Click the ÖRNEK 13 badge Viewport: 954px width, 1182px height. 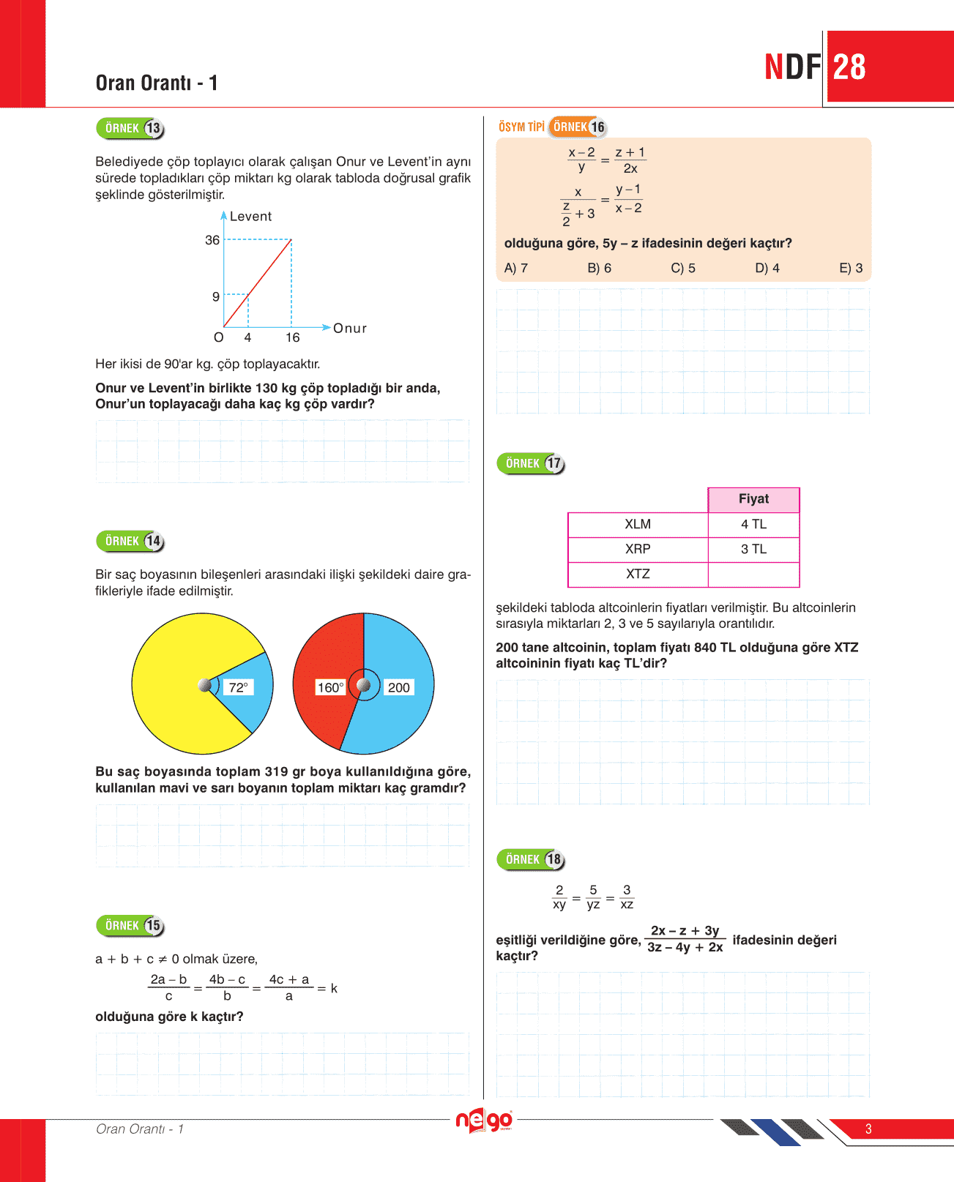pyautogui.click(x=130, y=129)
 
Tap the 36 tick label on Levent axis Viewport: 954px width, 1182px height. pyautogui.click(x=212, y=240)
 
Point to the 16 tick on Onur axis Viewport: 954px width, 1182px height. pyautogui.click(x=292, y=337)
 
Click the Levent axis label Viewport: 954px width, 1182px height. pyautogui.click(x=250, y=217)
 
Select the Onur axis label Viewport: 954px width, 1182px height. pyautogui.click(x=350, y=329)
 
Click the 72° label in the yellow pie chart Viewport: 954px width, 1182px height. pyautogui.click(x=238, y=687)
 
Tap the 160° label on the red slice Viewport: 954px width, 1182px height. pyautogui.click(x=330, y=687)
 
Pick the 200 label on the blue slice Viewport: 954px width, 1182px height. pyautogui.click(x=398, y=687)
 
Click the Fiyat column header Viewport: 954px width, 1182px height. pyautogui.click(x=753, y=499)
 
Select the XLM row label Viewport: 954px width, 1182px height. pyautogui.click(x=638, y=524)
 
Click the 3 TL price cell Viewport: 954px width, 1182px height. pyautogui.click(x=753, y=549)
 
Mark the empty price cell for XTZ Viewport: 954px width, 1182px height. pyautogui.click(x=753, y=575)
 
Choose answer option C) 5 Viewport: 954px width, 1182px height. pyautogui.click(x=683, y=268)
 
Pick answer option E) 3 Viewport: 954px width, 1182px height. pyautogui.click(x=851, y=268)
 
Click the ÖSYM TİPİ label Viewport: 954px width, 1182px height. pyautogui.click(x=521, y=127)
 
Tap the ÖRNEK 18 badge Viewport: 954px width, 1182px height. pyautogui.click(x=532, y=859)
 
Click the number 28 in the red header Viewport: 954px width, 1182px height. pyautogui.click(x=849, y=67)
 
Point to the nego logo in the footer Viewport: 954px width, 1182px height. pyautogui.click(x=484, y=1121)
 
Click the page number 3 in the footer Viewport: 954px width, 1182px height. pyautogui.click(x=868, y=1129)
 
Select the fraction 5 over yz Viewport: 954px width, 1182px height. pyautogui.click(x=593, y=897)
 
